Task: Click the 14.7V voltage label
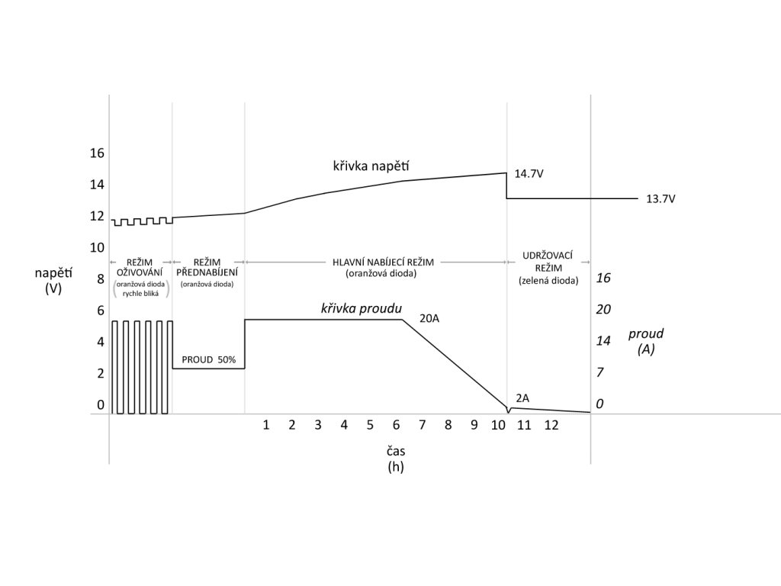(529, 174)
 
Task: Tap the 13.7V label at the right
(660, 199)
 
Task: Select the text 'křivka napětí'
(366, 166)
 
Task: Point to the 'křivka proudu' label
(362, 308)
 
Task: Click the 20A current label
(429, 318)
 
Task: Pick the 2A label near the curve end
(522, 398)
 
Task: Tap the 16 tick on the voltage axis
(97, 153)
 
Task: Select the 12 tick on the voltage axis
(97, 216)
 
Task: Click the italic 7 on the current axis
(599, 372)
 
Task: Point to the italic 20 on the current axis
(603, 309)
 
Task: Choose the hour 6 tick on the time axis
(396, 425)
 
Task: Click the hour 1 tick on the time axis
(266, 425)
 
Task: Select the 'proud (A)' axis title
(646, 341)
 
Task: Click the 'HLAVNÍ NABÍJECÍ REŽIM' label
(384, 261)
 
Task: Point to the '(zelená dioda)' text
(548, 281)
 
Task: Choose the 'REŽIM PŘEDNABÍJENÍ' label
(207, 266)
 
